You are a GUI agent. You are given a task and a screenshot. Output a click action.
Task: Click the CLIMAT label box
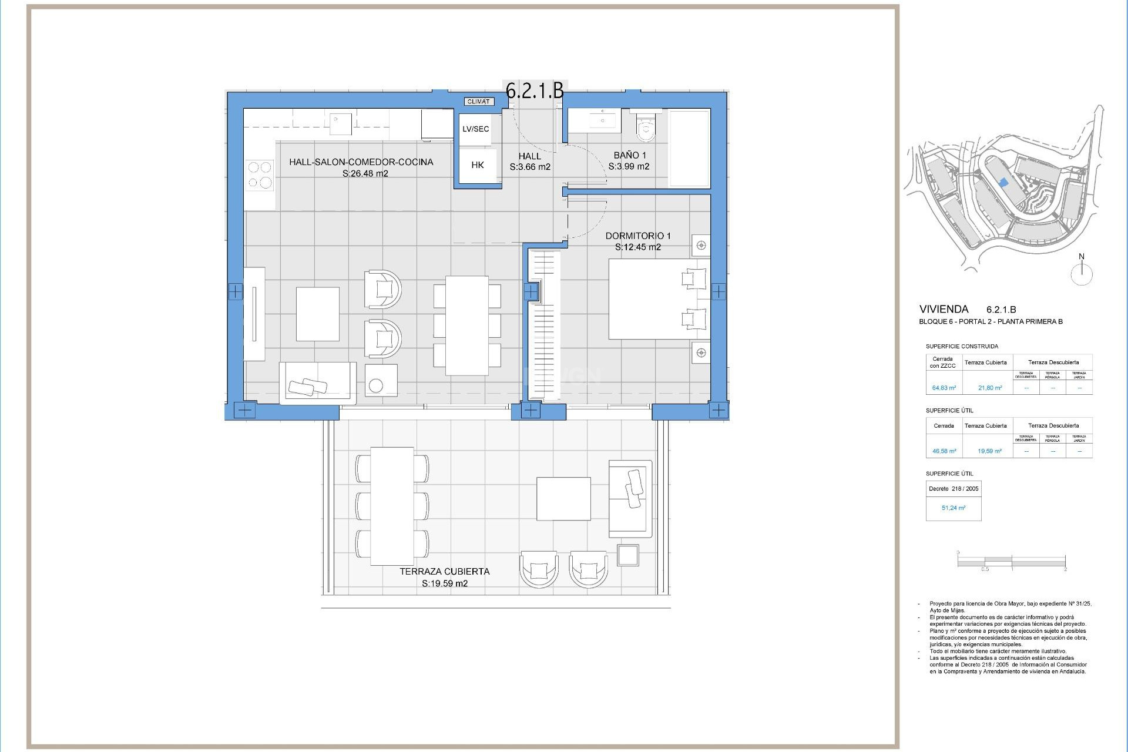pyautogui.click(x=478, y=102)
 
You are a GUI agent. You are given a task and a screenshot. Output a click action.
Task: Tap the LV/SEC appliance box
pyautogui.click(x=475, y=129)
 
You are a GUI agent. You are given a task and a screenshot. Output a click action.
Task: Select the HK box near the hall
pyautogui.click(x=477, y=166)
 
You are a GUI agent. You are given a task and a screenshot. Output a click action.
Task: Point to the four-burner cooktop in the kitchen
pyautogui.click(x=260, y=175)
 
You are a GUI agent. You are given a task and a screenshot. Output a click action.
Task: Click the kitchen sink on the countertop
pyautogui.click(x=340, y=124)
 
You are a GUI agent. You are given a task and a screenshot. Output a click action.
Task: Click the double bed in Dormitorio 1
pyautogui.click(x=658, y=299)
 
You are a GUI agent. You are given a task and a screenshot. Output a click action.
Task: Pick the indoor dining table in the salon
pyautogui.click(x=467, y=325)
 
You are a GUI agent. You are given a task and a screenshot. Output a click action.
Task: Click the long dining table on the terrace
pyautogui.click(x=392, y=506)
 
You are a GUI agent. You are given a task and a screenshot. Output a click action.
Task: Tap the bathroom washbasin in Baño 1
pyautogui.click(x=601, y=121)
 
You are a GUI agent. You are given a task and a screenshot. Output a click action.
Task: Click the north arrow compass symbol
pyautogui.click(x=1082, y=274)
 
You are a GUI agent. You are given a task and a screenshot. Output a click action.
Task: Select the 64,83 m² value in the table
pyautogui.click(x=944, y=388)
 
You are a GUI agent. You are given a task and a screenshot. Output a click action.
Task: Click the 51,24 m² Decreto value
pyautogui.click(x=953, y=508)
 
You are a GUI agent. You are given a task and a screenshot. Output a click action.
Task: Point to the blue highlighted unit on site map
pyautogui.click(x=1003, y=183)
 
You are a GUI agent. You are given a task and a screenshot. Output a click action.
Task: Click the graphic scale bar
pyautogui.click(x=1011, y=562)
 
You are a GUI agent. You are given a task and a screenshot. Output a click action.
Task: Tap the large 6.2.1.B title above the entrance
pyautogui.click(x=535, y=90)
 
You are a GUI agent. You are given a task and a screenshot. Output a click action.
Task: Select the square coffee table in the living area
pyautogui.click(x=317, y=314)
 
